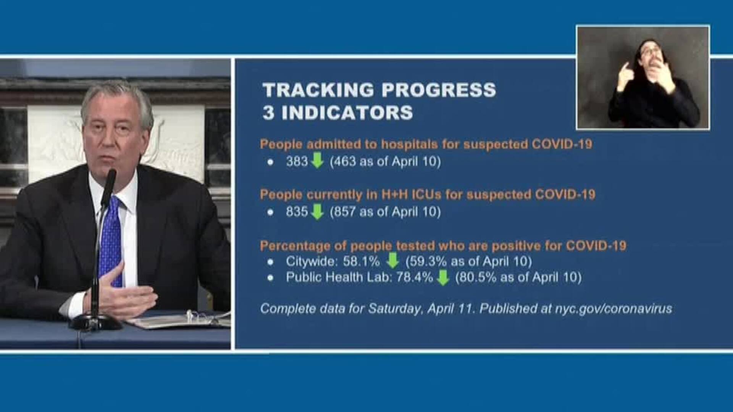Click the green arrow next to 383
click(317, 161)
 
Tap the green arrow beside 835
click(317, 211)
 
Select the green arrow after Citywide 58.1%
click(392, 261)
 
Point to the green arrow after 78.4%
click(442, 277)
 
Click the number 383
click(297, 161)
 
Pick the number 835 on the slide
click(297, 212)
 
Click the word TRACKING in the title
click(318, 90)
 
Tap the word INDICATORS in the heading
click(347, 113)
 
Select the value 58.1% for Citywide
click(361, 261)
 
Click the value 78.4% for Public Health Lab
click(415, 277)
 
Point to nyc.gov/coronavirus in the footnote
click(614, 309)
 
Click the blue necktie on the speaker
click(111, 240)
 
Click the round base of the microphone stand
click(95, 323)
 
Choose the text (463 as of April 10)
click(385, 161)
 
